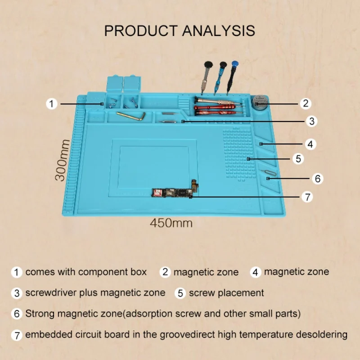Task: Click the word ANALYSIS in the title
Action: click(x=219, y=31)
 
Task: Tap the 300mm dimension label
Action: click(x=62, y=160)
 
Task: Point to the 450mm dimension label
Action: click(x=171, y=223)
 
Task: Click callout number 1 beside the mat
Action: click(x=51, y=104)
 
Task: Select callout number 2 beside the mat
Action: click(x=306, y=103)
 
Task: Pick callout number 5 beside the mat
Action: click(x=298, y=159)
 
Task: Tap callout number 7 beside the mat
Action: click(x=307, y=197)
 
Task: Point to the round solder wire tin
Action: click(x=260, y=102)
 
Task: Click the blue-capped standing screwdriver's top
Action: click(x=235, y=64)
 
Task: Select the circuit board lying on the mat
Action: click(x=175, y=191)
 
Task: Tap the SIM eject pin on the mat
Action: click(x=269, y=172)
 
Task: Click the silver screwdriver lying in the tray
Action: click(x=218, y=101)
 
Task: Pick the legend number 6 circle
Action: click(x=17, y=314)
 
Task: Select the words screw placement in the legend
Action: click(x=226, y=293)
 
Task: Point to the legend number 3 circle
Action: click(x=17, y=293)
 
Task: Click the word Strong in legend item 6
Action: click(x=40, y=314)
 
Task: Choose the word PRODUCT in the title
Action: click(x=141, y=31)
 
